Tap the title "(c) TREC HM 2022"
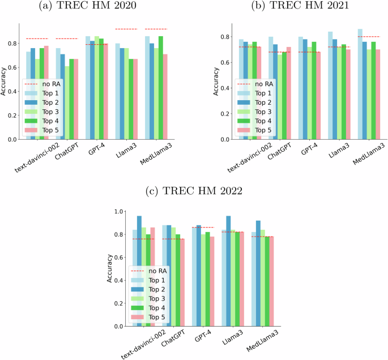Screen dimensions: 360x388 pyautogui.click(x=194, y=191)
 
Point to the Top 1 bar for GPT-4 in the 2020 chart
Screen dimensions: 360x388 pyautogui.click(x=87, y=88)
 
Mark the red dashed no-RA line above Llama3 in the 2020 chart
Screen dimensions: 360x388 pyautogui.click(x=126, y=29)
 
